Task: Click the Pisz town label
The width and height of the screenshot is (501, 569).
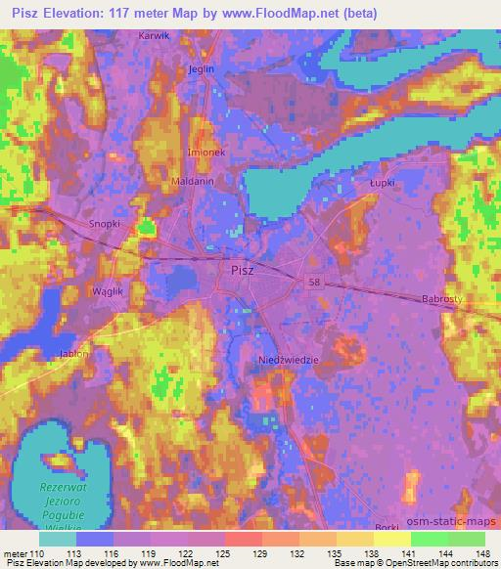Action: [x=244, y=270]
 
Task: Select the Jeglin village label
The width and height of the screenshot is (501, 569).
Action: [x=201, y=69]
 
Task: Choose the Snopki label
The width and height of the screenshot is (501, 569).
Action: [x=105, y=224]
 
